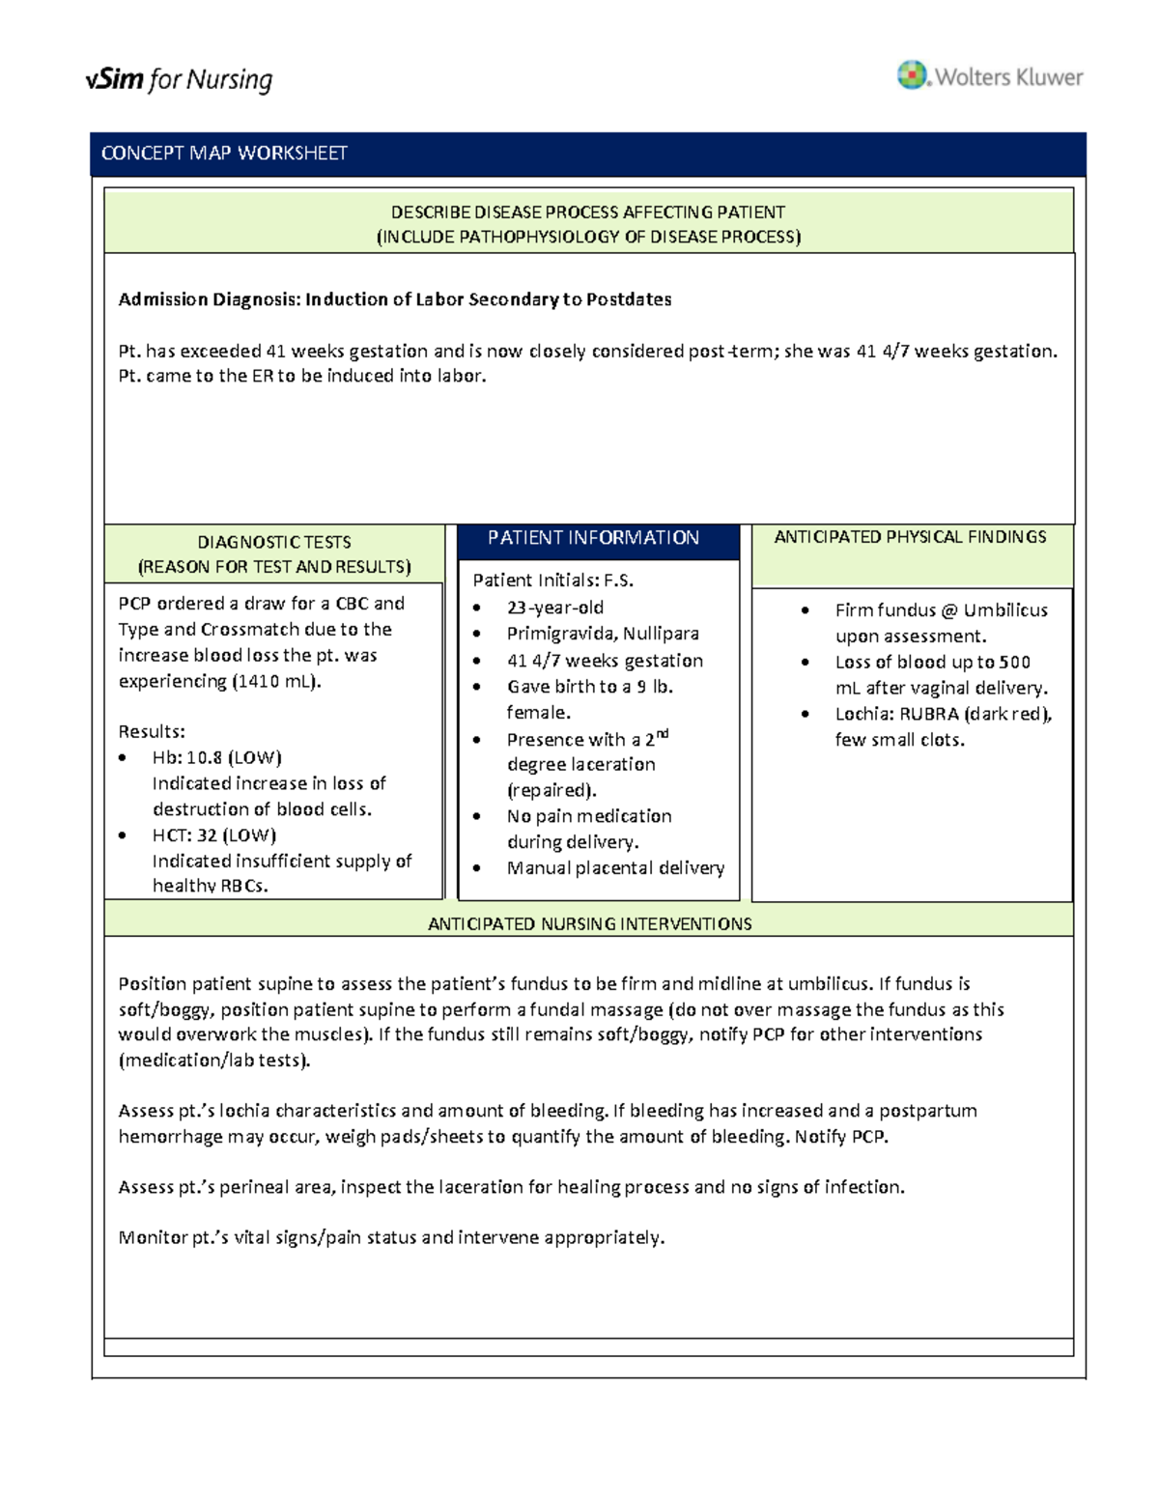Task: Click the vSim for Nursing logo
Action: tap(179, 79)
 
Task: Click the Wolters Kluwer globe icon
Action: tap(911, 74)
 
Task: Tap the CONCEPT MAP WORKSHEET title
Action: tap(224, 154)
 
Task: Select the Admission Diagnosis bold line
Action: tap(394, 299)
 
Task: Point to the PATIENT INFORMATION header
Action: tap(593, 538)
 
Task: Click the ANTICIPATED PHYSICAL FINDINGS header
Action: tap(910, 537)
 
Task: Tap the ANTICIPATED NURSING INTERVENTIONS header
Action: tap(589, 924)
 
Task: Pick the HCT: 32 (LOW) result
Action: tap(213, 835)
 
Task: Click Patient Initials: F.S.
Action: tap(552, 580)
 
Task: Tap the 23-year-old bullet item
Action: tap(554, 608)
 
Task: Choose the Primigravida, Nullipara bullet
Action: tap(603, 634)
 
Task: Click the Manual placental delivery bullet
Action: tap(615, 867)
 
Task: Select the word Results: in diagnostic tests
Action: tap(152, 731)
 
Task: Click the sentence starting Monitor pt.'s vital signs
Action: tap(391, 1237)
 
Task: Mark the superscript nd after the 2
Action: tap(663, 734)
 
